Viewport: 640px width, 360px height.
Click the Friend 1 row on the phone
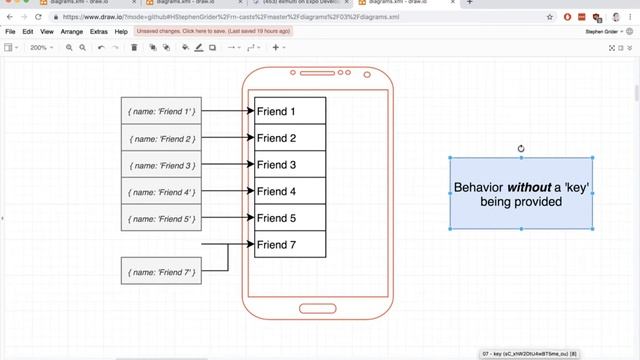pos(290,111)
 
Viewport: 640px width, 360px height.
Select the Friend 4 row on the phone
pos(290,191)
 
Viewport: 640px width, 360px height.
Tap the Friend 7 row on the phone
pos(290,245)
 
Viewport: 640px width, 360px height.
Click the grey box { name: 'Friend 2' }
pos(161,138)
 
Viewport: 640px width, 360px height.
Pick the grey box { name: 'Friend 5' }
pos(161,218)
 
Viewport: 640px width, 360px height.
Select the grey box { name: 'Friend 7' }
pos(161,270)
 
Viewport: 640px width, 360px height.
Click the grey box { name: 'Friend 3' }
pos(161,165)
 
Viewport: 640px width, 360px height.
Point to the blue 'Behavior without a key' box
pos(521,194)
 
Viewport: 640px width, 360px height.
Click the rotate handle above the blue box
pos(521,149)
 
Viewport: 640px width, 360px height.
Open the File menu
pos(10,32)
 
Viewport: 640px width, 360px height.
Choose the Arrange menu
pos(73,32)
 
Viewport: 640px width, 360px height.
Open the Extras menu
pos(99,32)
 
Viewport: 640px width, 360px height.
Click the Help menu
pos(121,32)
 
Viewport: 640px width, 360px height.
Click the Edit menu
pos(28,32)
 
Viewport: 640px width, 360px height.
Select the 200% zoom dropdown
pos(42,47)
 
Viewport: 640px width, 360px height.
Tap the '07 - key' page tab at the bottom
pos(528,354)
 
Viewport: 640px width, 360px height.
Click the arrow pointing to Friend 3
pos(228,165)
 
